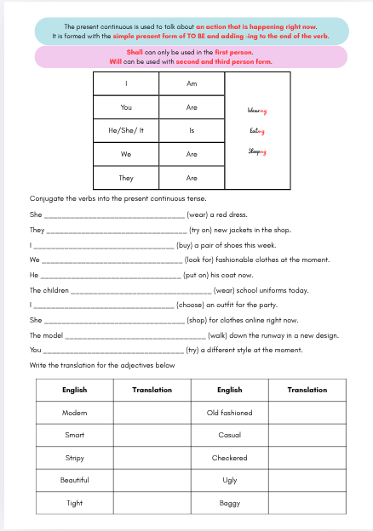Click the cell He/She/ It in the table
(126, 130)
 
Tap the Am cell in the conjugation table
(192, 83)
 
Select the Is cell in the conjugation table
(192, 130)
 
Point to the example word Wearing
(256, 111)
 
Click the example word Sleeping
(257, 151)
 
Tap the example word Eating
(257, 131)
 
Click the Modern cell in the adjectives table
(75, 413)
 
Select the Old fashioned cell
(230, 413)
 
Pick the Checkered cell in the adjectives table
(230, 458)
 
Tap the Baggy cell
(230, 503)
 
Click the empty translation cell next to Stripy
(152, 458)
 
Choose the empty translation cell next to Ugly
(307, 480)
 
